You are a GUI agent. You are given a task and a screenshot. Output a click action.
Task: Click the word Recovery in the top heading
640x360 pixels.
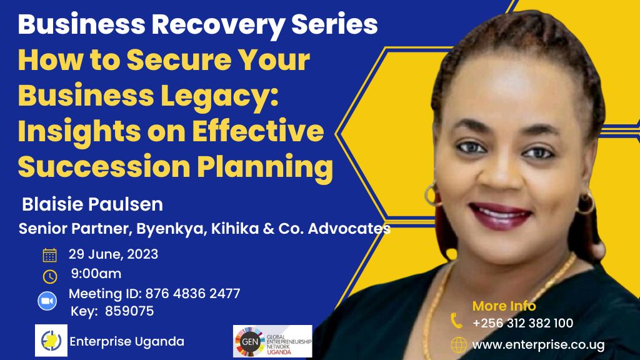(x=218, y=25)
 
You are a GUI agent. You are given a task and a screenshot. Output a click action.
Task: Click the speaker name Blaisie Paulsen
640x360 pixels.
(x=92, y=204)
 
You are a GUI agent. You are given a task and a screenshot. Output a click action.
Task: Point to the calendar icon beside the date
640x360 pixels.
(x=50, y=255)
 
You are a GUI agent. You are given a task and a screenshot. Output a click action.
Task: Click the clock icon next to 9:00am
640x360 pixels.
(x=50, y=277)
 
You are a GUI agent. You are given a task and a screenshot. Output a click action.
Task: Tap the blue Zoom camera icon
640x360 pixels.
(x=47, y=301)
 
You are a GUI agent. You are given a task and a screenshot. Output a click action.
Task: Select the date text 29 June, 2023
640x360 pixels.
(x=113, y=254)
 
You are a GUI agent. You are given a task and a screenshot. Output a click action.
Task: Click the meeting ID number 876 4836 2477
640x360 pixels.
(x=192, y=294)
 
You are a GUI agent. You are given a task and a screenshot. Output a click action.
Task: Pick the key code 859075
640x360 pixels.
(x=129, y=311)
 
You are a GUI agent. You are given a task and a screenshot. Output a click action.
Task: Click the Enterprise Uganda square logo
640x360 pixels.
(x=51, y=341)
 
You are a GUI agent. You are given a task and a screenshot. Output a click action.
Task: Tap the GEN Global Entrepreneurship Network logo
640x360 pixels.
(x=272, y=341)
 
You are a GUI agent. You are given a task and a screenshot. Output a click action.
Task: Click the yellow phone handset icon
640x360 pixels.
(x=456, y=321)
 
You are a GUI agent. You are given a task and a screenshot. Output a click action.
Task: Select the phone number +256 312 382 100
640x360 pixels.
(x=523, y=323)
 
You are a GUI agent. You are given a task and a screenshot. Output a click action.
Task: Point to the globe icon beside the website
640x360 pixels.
(x=458, y=345)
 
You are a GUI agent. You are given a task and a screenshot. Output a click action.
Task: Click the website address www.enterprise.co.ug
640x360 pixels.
(x=538, y=345)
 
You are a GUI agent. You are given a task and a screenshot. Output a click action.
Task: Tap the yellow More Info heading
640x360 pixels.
(x=504, y=306)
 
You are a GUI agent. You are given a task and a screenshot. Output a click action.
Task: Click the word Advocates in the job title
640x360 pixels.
(x=349, y=229)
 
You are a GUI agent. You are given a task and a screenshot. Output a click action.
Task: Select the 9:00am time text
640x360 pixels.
(x=96, y=274)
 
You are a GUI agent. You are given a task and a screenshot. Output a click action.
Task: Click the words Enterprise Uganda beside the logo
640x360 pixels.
(x=127, y=341)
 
